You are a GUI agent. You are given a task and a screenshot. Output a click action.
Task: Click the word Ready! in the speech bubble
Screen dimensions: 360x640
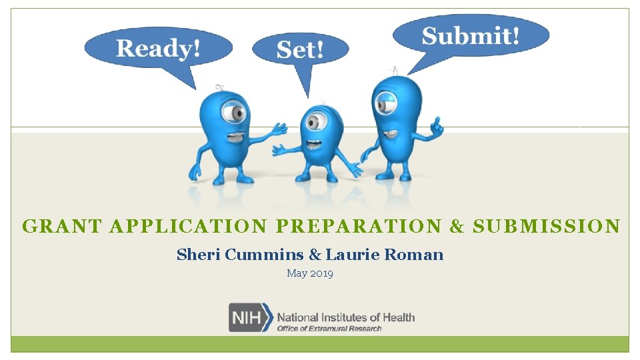(x=158, y=49)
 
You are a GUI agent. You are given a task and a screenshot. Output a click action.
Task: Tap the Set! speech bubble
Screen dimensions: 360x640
(x=300, y=50)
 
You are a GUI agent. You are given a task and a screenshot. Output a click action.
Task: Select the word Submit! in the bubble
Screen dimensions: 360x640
(x=470, y=35)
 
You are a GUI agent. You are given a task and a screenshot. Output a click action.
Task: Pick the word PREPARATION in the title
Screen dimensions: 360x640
(x=358, y=227)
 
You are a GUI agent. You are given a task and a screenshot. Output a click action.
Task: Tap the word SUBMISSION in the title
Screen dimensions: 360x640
(x=546, y=227)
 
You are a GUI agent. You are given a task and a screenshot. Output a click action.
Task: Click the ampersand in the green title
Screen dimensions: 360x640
(x=457, y=227)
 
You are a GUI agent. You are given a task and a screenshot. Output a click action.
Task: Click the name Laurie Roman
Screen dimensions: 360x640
(x=384, y=255)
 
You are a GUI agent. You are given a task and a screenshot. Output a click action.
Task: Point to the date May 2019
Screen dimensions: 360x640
(x=310, y=273)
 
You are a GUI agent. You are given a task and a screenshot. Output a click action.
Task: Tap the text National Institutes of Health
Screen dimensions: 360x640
(x=345, y=317)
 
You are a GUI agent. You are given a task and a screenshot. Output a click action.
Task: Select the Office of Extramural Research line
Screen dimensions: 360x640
(x=329, y=328)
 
